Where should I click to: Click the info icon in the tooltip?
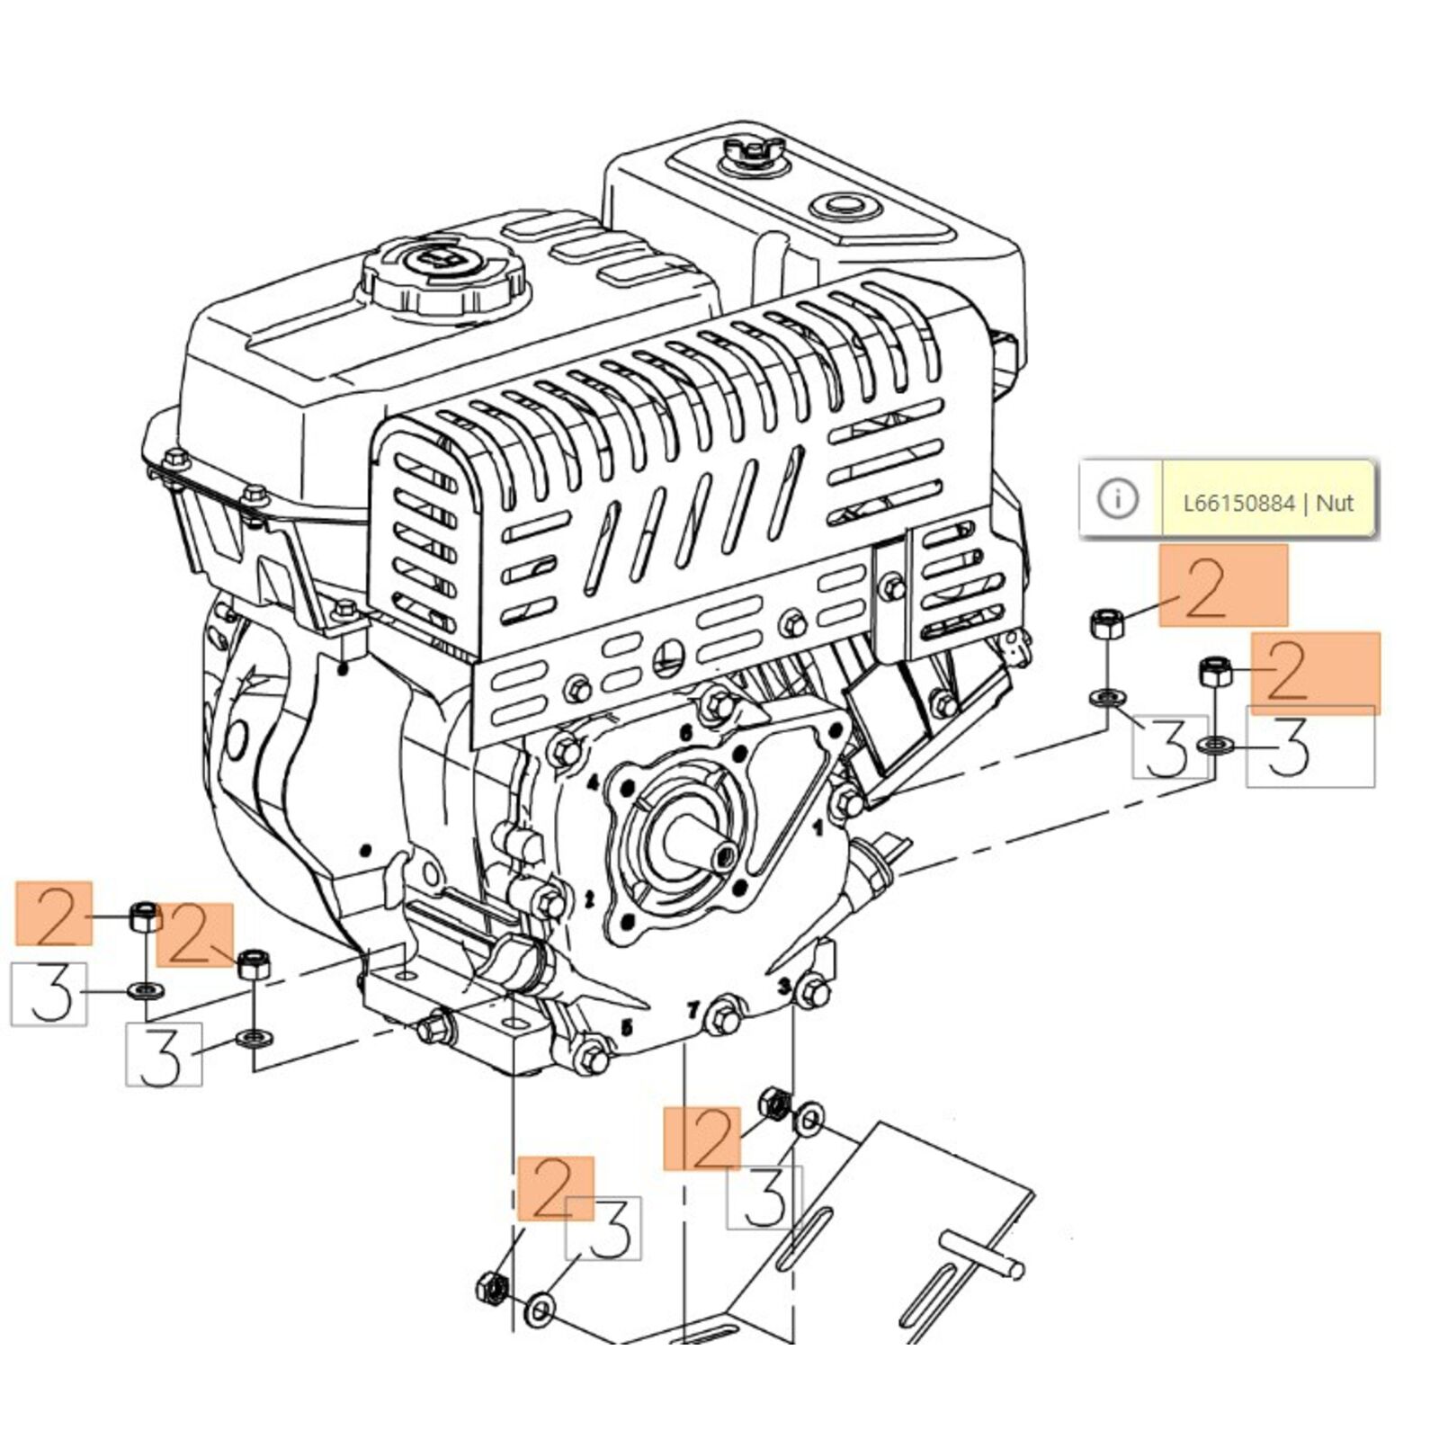tap(1118, 498)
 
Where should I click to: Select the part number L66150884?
tap(1238, 503)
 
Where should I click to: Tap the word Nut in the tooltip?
tap(1335, 503)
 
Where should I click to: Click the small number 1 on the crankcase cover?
tap(818, 828)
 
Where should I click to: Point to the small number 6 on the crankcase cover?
tap(686, 733)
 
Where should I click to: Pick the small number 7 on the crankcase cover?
tap(693, 1010)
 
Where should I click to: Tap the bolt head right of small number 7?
tap(724, 1019)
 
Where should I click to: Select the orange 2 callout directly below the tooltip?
tap(1222, 585)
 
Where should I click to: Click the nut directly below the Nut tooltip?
tap(1105, 622)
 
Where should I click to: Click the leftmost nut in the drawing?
tap(144, 916)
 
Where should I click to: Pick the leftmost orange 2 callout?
tap(54, 913)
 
